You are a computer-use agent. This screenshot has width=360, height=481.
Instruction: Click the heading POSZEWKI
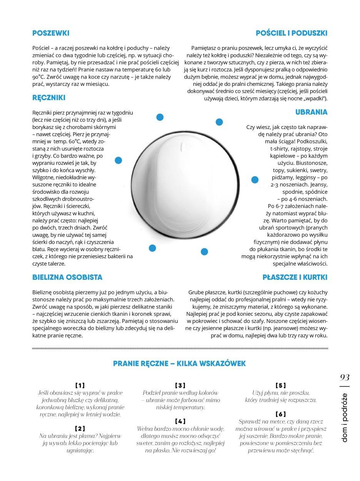pyautogui.click(x=50, y=34)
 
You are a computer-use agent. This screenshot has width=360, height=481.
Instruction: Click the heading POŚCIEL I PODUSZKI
pyautogui.click(x=291, y=34)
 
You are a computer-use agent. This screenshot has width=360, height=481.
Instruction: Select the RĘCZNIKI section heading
pyautogui.click(x=49, y=98)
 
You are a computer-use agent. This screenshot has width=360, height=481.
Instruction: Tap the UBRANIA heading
pyautogui.click(x=311, y=112)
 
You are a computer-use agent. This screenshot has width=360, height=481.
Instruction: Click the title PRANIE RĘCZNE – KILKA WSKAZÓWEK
pyautogui.click(x=179, y=363)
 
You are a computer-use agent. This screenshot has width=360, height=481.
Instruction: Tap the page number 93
pyautogui.click(x=345, y=377)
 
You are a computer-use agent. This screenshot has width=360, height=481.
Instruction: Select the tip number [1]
pyautogui.click(x=80, y=385)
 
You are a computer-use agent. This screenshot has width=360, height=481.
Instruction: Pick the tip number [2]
pyautogui.click(x=80, y=428)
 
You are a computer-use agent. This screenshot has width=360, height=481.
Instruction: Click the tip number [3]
pyautogui.click(x=180, y=385)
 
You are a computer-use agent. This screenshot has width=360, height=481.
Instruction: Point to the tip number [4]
pyautogui.click(x=180, y=421)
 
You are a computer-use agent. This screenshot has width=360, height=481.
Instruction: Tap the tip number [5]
pyautogui.click(x=280, y=385)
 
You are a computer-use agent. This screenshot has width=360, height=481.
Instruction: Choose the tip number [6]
pyautogui.click(x=280, y=414)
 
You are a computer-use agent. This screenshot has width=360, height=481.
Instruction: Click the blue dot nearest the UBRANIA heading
pyautogui.click(x=219, y=122)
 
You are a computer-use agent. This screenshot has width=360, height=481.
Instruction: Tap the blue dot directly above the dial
pyautogui.click(x=159, y=117)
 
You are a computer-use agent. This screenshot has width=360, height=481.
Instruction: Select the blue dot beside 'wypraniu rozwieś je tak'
pyautogui.click(x=118, y=160)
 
